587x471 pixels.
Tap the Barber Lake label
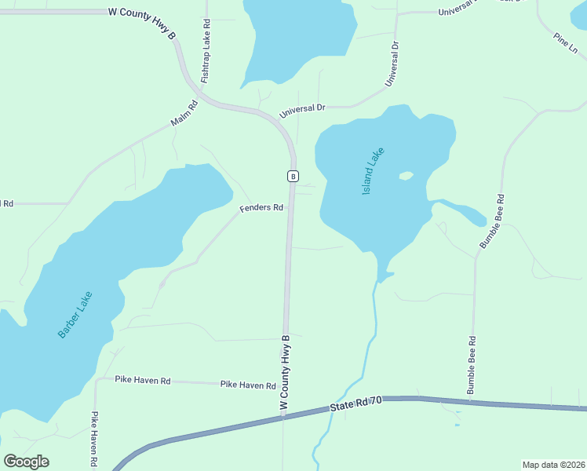click(x=75, y=315)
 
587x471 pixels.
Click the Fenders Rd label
click(x=261, y=208)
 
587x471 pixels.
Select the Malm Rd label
click(x=184, y=114)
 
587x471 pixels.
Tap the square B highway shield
click(x=293, y=176)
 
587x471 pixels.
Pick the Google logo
click(x=26, y=462)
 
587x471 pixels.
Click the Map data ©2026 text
click(x=553, y=465)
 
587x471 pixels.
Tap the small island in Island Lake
click(x=406, y=176)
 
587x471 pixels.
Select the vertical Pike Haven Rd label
click(x=93, y=440)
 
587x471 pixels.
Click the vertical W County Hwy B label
click(x=285, y=371)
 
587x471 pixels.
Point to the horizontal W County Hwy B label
click(x=142, y=13)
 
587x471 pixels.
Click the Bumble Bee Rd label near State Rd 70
click(x=472, y=365)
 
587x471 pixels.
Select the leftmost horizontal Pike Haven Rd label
click(x=143, y=380)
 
